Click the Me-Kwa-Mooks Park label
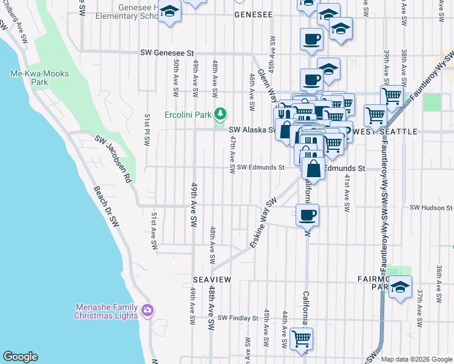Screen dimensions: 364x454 (x=39, y=78)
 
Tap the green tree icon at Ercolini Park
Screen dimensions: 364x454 (x=221, y=113)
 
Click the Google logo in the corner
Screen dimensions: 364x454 (x=20, y=357)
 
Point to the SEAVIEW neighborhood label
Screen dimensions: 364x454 (x=212, y=278)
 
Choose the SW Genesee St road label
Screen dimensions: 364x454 (x=166, y=53)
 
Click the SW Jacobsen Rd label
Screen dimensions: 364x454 (x=113, y=159)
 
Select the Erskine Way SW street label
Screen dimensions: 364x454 (x=263, y=223)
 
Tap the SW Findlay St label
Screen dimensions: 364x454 (x=239, y=317)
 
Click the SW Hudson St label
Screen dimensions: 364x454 (x=431, y=207)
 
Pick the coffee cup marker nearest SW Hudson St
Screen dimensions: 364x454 (x=308, y=214)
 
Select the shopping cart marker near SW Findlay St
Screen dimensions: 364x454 (x=301, y=339)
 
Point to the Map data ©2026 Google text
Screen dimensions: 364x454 (x=416, y=359)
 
